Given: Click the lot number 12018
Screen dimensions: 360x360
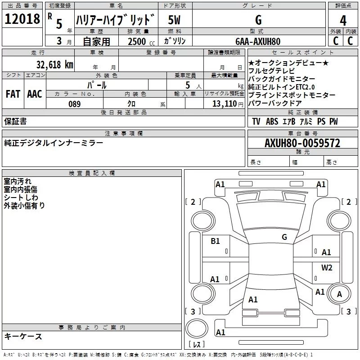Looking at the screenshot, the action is coord(22,19).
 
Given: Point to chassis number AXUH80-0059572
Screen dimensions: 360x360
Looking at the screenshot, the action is coord(302,143).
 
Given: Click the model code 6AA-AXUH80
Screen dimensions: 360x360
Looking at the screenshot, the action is coord(258,41).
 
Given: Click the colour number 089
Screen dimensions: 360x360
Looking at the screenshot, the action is coord(74,104).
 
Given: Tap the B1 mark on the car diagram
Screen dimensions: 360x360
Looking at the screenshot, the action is coord(216,241).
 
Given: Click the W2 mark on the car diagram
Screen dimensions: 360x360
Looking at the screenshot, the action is coord(327,268).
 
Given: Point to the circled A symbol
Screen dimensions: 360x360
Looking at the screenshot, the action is coord(339,294).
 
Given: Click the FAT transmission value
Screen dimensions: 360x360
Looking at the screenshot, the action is coord(13,94).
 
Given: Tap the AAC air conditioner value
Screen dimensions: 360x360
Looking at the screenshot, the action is coord(34,94).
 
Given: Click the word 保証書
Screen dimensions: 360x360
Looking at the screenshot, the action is coord(15,121).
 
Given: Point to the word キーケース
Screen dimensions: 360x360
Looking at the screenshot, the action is coord(23,336).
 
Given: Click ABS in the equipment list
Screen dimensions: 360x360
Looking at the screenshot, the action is coord(272,121).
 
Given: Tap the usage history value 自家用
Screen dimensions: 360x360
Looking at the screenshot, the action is coord(96,41).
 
